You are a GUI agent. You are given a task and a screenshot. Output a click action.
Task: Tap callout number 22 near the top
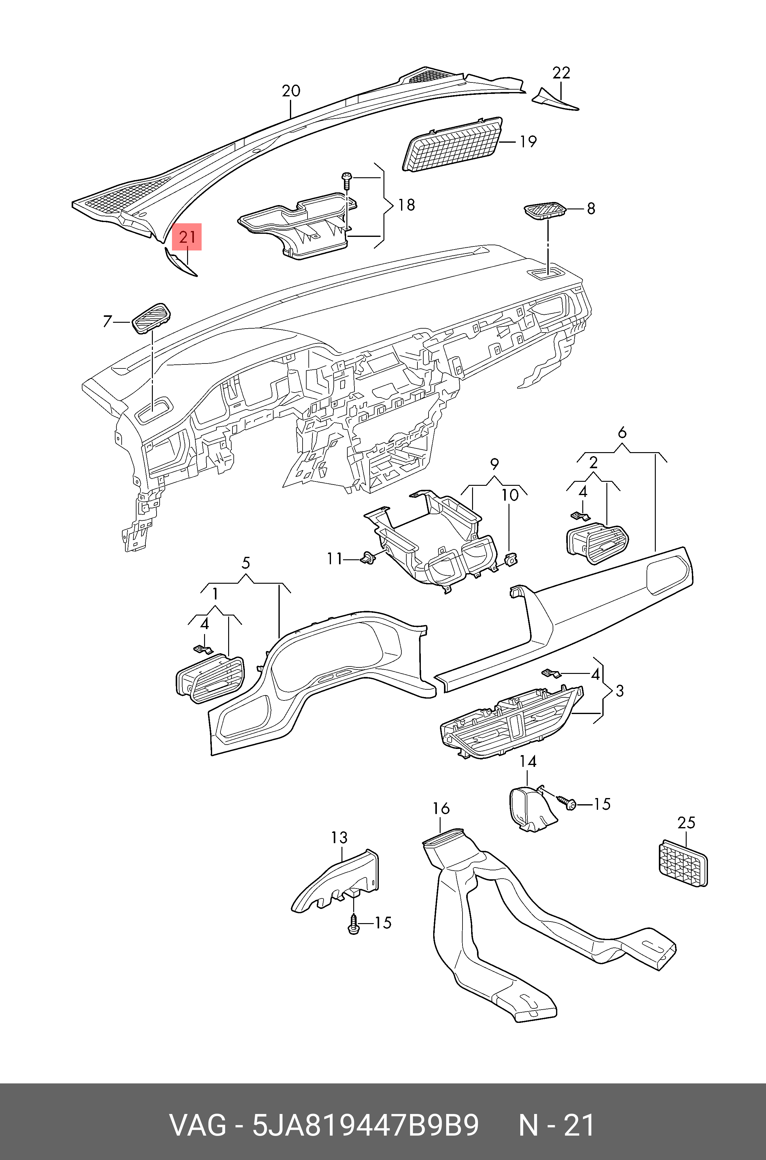(x=561, y=73)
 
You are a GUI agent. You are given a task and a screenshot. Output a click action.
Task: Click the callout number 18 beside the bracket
(x=406, y=205)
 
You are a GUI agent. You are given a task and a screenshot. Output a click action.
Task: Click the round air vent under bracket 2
(x=597, y=542)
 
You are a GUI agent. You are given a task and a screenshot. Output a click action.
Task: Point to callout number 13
(x=339, y=838)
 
